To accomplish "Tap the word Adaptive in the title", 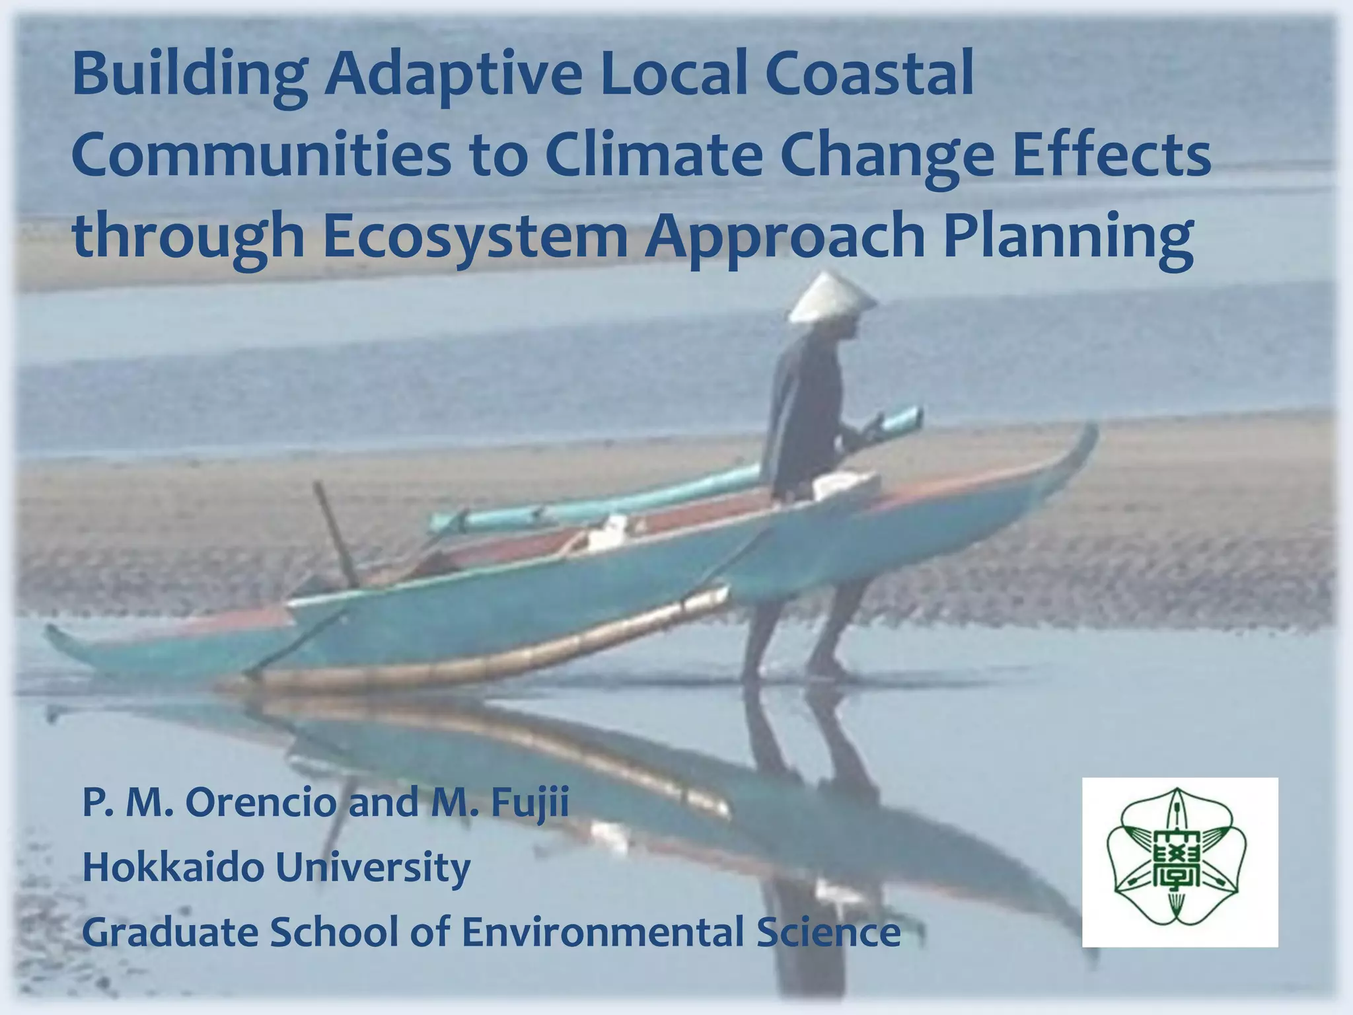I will pos(453,76).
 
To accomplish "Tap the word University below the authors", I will pos(373,868).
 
